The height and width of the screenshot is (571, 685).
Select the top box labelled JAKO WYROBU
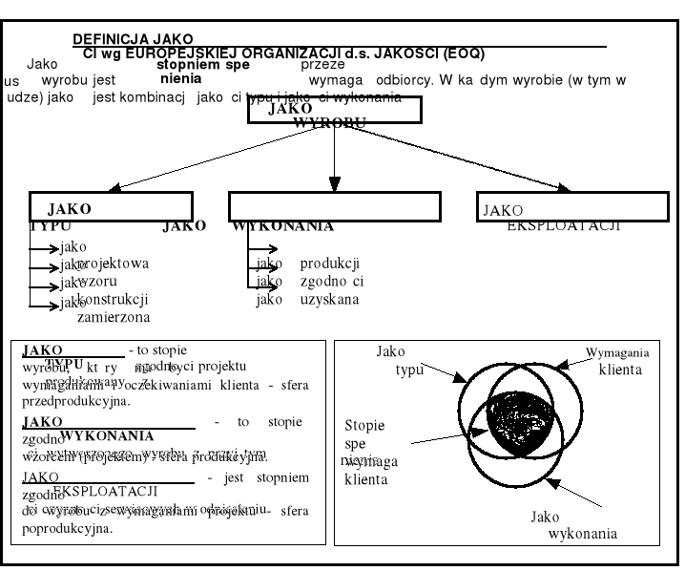pos(334,111)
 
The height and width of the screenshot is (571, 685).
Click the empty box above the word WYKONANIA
pos(334,206)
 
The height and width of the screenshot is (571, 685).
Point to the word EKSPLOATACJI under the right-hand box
pos(564,226)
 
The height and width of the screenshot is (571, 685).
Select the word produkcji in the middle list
pos(329,264)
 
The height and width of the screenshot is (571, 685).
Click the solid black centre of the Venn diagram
pos(520,419)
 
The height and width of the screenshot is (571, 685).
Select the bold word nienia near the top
pos(180,79)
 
